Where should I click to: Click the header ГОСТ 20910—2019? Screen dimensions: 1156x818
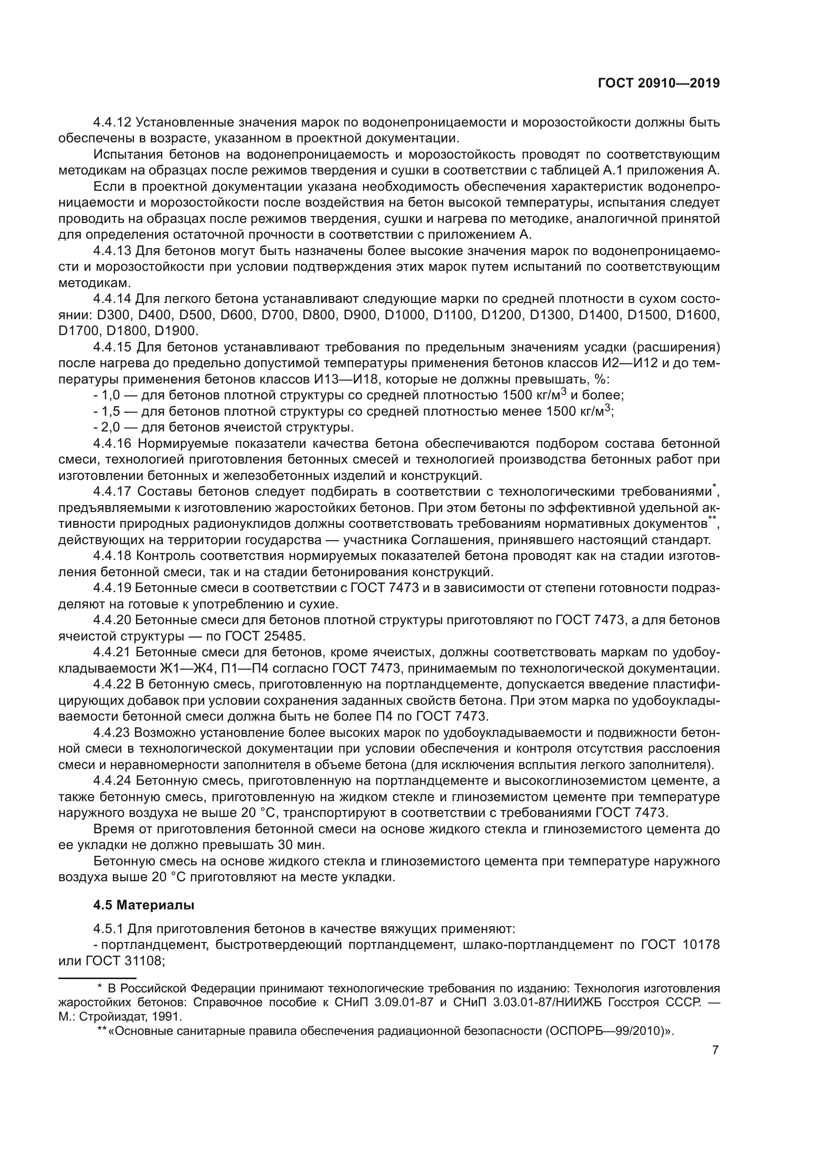click(659, 83)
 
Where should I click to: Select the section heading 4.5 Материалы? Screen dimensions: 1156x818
click(143, 905)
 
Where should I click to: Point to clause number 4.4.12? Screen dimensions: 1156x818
click(112, 123)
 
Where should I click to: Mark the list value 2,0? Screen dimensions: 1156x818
click(110, 428)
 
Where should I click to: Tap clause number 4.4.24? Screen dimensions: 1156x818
click(112, 781)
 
